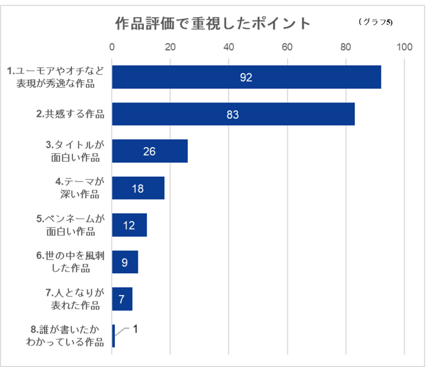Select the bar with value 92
246,77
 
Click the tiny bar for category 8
113,336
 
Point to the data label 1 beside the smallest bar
135,329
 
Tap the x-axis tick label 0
112,47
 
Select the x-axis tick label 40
229,47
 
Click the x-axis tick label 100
404,47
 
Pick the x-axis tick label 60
287,47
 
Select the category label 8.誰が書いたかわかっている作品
65,336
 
